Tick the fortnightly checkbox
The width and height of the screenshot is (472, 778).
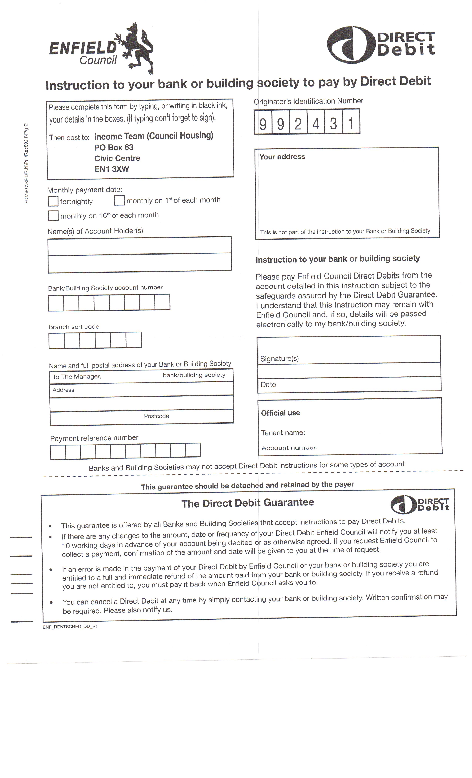(x=53, y=201)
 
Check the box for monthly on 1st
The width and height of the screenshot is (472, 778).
(x=119, y=200)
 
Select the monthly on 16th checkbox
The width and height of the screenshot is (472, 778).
(x=53, y=216)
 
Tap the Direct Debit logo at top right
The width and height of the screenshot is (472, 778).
(x=381, y=44)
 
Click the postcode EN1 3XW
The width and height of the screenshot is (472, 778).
(x=112, y=169)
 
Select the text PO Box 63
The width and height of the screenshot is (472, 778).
(x=114, y=147)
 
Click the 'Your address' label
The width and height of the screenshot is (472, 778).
(x=282, y=157)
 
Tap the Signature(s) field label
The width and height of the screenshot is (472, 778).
(x=279, y=358)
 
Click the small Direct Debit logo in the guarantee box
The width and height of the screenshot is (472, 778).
(x=420, y=505)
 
